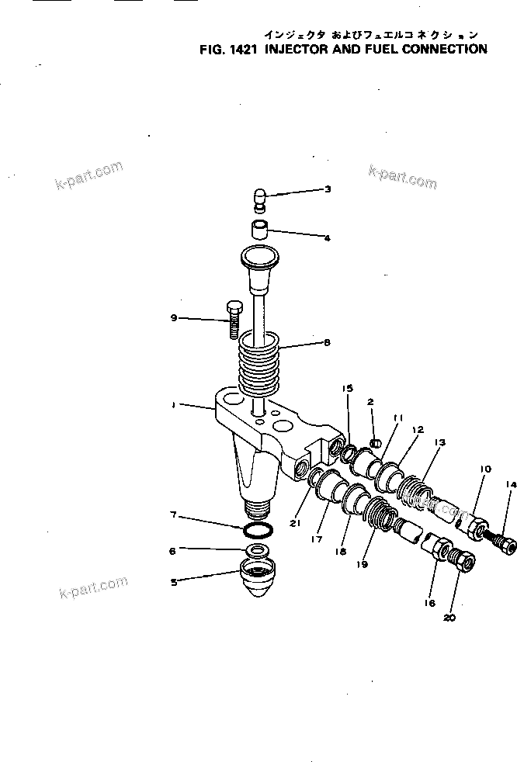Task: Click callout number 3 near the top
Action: [x=328, y=189]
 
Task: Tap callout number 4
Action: [x=328, y=238]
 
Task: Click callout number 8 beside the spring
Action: [x=328, y=341]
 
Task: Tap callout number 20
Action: [x=449, y=618]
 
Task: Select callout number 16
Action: [x=432, y=602]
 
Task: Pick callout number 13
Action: [x=439, y=442]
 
